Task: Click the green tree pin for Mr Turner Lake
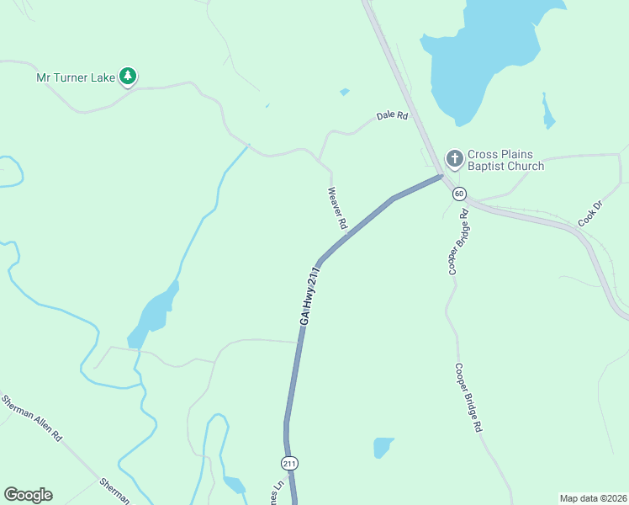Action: point(128,77)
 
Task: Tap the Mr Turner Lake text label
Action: point(77,77)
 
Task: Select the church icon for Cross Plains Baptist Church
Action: point(454,158)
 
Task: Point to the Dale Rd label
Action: point(392,115)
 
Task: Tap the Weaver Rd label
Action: point(337,209)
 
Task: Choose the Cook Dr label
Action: point(590,213)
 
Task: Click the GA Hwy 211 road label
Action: point(310,296)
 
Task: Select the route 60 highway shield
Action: point(458,194)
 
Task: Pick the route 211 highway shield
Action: point(289,464)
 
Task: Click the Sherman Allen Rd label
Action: point(33,418)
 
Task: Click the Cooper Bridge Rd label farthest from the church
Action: point(468,397)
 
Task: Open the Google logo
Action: point(28,495)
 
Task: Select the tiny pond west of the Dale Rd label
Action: point(344,92)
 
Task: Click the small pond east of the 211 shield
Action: point(383,446)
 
